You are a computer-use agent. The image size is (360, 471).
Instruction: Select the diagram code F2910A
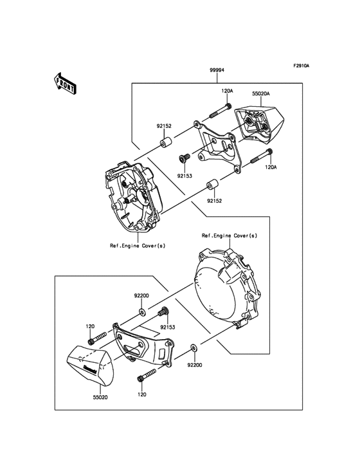pyautogui.click(x=301, y=66)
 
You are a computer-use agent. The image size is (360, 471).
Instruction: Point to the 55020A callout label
pyautogui.click(x=260, y=93)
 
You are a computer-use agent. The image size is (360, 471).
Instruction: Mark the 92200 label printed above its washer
pyautogui.click(x=141, y=295)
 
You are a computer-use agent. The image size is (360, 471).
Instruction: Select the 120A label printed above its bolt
pyautogui.click(x=228, y=91)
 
